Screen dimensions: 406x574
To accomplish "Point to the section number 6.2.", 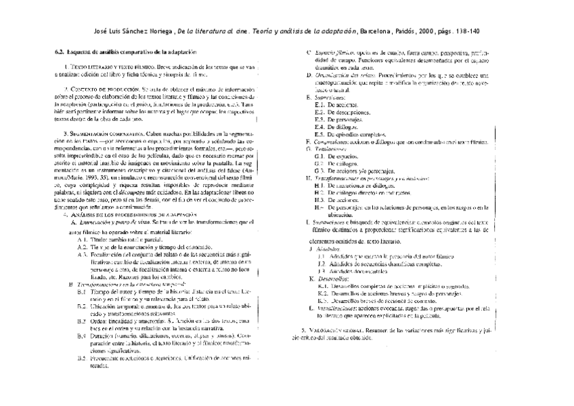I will [x=58, y=52].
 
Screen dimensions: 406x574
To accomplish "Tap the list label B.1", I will [x=82, y=272].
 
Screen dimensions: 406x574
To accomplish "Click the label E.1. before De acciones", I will [x=320, y=105].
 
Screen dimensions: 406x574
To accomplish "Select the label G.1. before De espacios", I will [x=320, y=156].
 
